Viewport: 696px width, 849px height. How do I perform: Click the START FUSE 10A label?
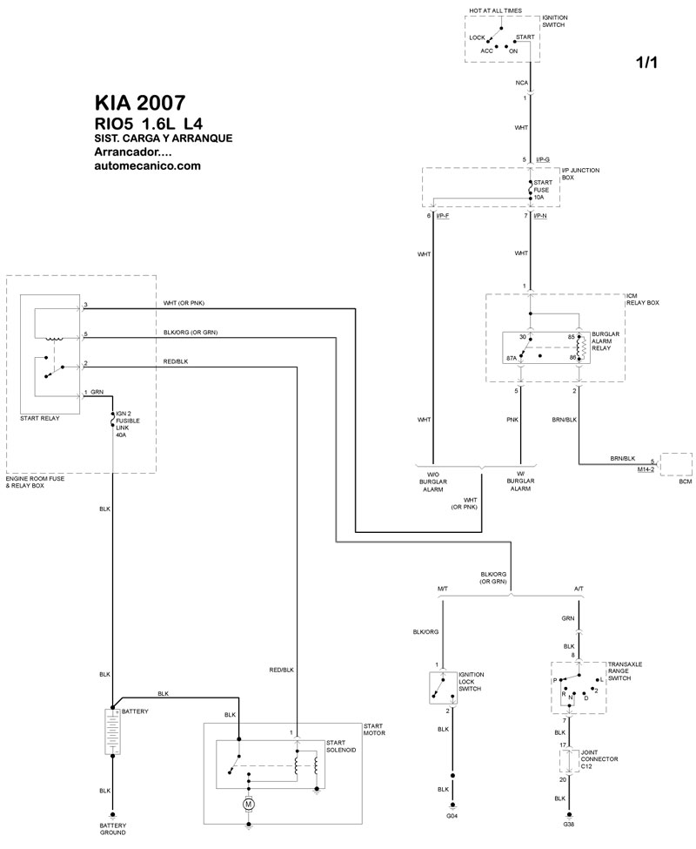click(x=543, y=190)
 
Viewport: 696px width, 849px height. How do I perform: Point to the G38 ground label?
click(x=569, y=824)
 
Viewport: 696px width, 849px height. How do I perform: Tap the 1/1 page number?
click(x=647, y=62)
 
